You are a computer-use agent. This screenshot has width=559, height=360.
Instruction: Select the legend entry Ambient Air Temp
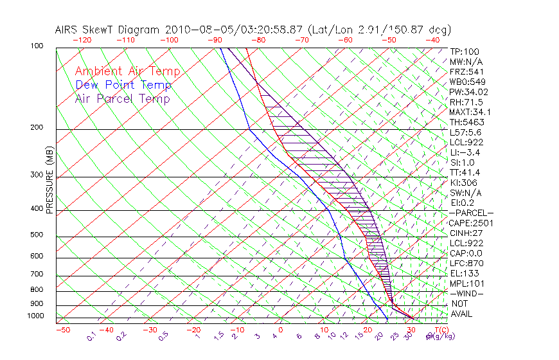128,71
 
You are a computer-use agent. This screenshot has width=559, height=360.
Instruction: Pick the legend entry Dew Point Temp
123,85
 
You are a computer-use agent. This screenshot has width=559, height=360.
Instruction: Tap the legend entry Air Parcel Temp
123,98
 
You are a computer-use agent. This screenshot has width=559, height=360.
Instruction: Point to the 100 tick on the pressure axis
37,46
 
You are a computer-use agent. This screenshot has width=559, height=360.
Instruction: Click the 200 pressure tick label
37,128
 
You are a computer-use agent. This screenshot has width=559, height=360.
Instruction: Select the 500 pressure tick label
37,235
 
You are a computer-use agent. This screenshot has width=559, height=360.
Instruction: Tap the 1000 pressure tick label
35,316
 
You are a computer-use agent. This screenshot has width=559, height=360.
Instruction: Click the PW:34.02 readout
468,92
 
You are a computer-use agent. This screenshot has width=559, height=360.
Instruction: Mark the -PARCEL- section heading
472,213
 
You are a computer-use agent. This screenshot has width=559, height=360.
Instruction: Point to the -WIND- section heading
467,293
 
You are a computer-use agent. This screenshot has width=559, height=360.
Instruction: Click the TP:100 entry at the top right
464,51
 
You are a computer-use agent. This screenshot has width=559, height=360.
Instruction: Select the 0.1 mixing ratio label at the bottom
92,336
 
